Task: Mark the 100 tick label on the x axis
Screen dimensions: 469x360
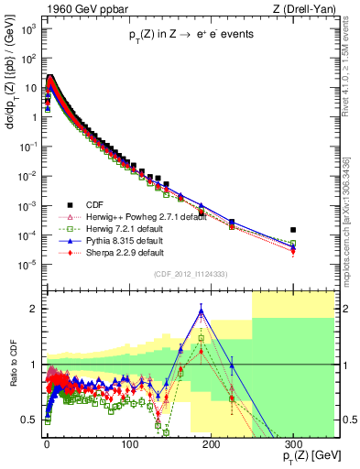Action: click(129, 444)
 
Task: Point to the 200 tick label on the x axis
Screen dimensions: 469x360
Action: click(211, 444)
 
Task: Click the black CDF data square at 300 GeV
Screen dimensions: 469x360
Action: click(293, 230)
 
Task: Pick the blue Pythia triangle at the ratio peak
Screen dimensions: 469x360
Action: click(200, 311)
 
